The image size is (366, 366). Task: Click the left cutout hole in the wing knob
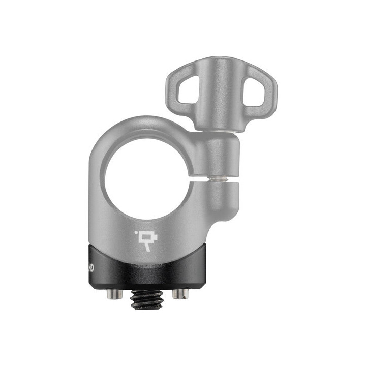189,91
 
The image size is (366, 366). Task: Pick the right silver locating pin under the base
180,293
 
